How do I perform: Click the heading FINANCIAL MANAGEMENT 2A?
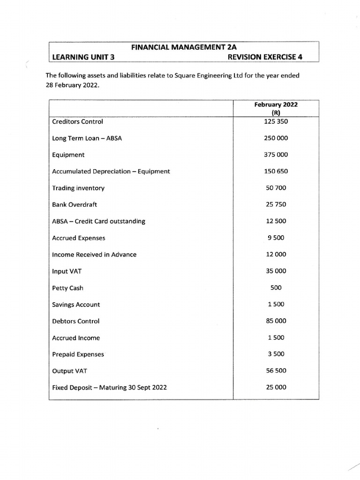click(x=183, y=47)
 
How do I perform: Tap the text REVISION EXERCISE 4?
click(x=265, y=57)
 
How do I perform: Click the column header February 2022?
click(x=276, y=105)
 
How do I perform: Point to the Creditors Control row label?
click(x=77, y=121)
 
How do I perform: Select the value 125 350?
click(x=276, y=121)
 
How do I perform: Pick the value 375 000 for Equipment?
click(x=276, y=155)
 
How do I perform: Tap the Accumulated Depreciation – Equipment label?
click(x=111, y=172)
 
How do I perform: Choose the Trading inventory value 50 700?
click(x=276, y=188)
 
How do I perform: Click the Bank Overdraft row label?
click(x=75, y=205)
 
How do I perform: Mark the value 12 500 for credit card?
click(x=276, y=221)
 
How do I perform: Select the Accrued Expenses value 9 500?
click(x=276, y=238)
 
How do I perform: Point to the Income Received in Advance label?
click(x=94, y=255)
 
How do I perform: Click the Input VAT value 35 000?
click(x=276, y=271)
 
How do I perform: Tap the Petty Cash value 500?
click(x=276, y=288)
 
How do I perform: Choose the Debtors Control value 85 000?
click(x=276, y=321)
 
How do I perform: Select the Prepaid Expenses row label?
click(x=78, y=354)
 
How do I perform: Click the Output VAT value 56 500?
click(x=276, y=371)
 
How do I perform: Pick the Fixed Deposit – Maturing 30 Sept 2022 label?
click(x=109, y=388)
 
